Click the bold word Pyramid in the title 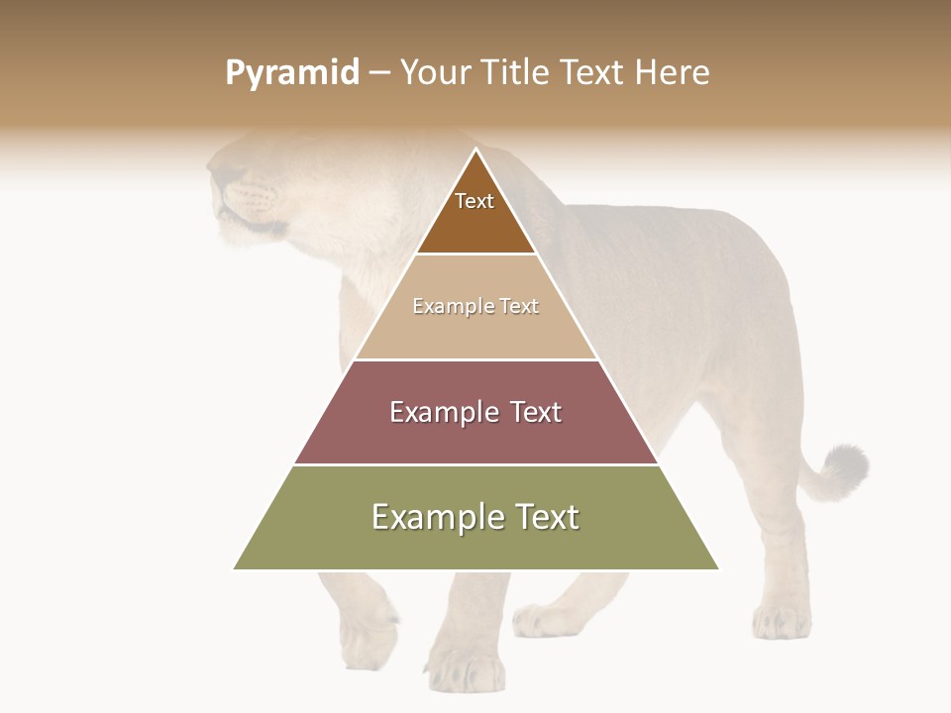click(291, 73)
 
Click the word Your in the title click(437, 72)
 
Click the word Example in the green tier click(432, 517)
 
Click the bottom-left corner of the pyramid click(234, 569)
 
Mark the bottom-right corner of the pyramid click(719, 569)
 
